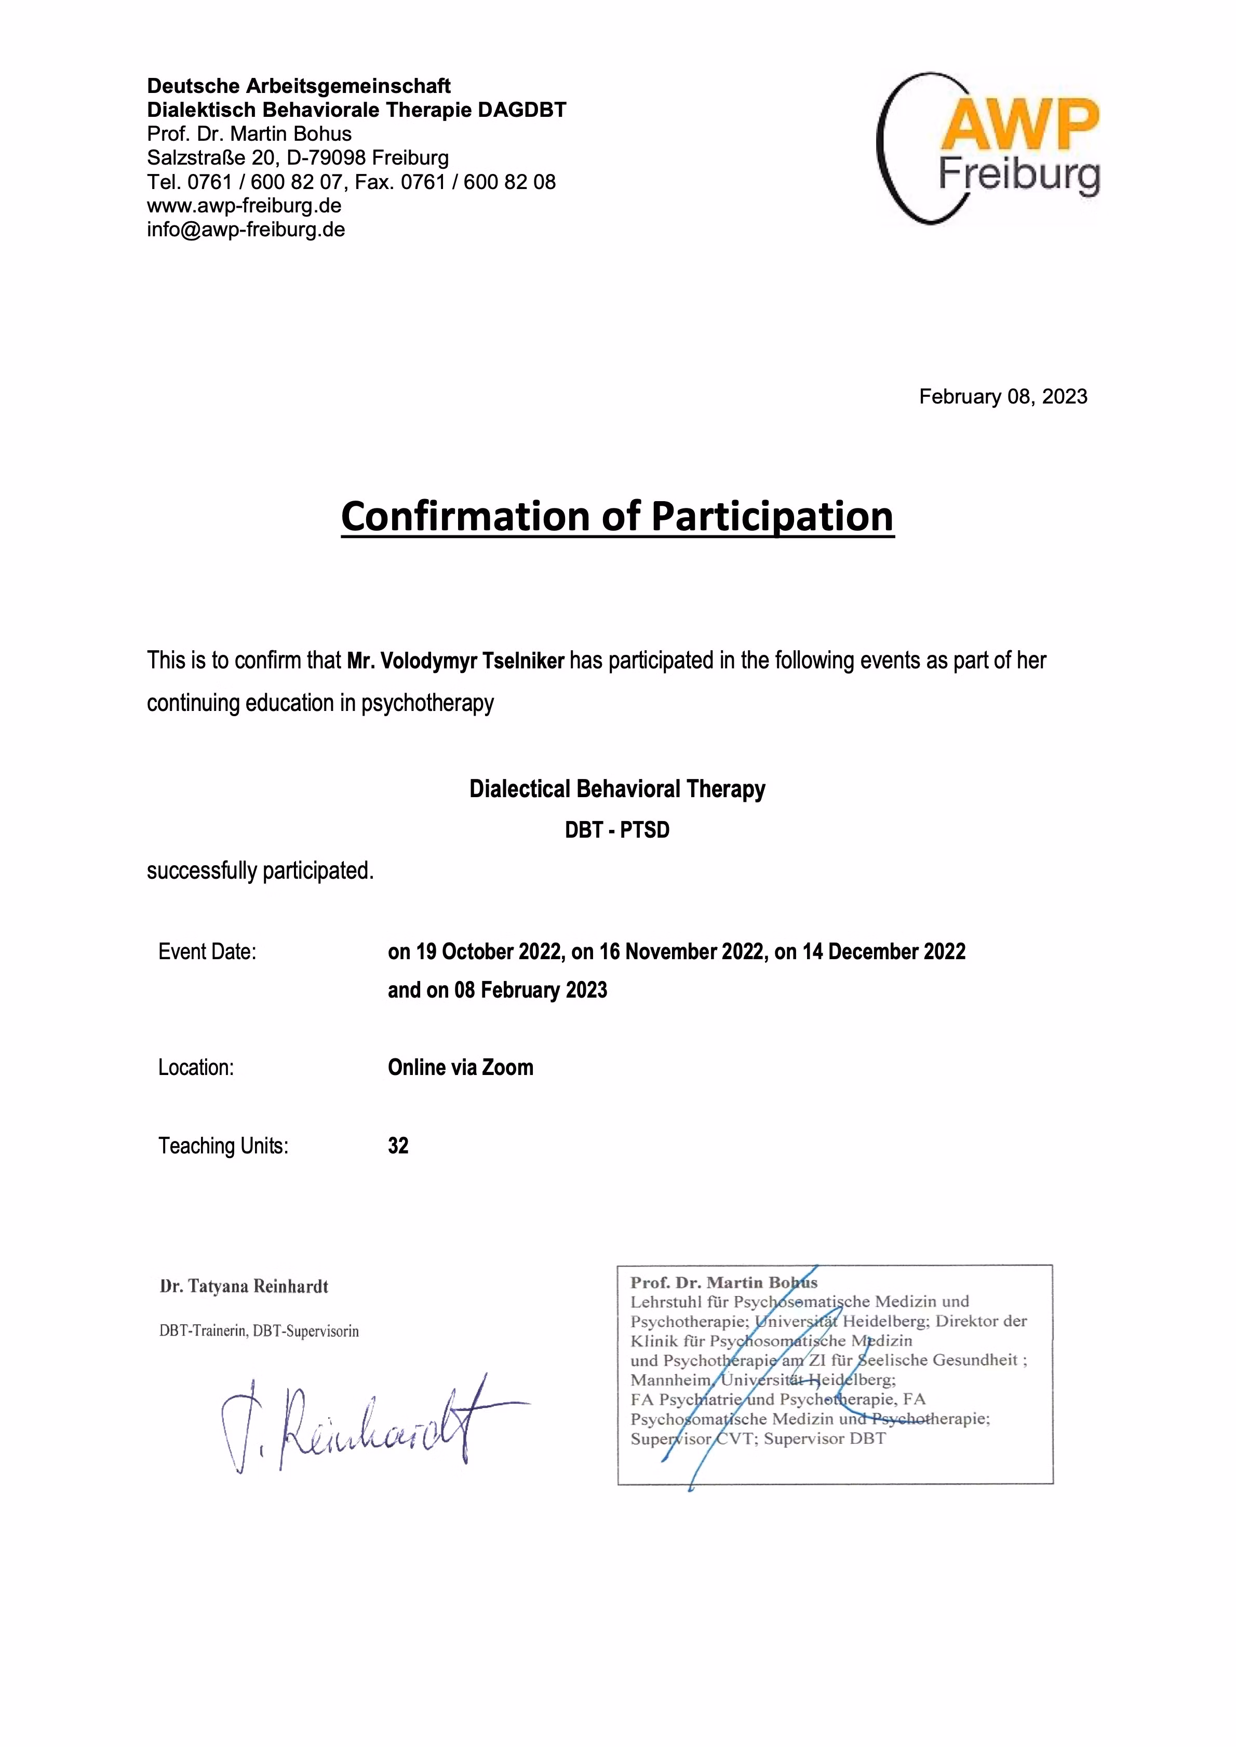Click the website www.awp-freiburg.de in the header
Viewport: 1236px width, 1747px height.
point(244,206)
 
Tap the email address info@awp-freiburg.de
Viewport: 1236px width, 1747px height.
point(246,230)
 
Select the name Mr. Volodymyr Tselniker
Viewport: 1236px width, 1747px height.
point(455,661)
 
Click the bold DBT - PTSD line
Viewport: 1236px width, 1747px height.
point(616,829)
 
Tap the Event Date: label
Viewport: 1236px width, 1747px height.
point(207,952)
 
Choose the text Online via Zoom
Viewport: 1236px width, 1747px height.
point(461,1068)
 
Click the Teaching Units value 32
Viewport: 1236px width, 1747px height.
point(398,1146)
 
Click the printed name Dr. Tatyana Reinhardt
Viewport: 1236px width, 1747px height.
point(244,1287)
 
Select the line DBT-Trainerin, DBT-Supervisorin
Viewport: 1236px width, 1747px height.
point(259,1331)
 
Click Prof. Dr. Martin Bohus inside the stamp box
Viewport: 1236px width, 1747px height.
point(723,1283)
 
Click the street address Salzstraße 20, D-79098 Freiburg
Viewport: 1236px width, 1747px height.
point(298,157)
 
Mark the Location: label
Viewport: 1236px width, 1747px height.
point(196,1068)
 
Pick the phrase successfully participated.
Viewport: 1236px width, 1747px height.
point(260,870)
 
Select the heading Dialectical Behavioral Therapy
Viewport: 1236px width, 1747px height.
point(616,789)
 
